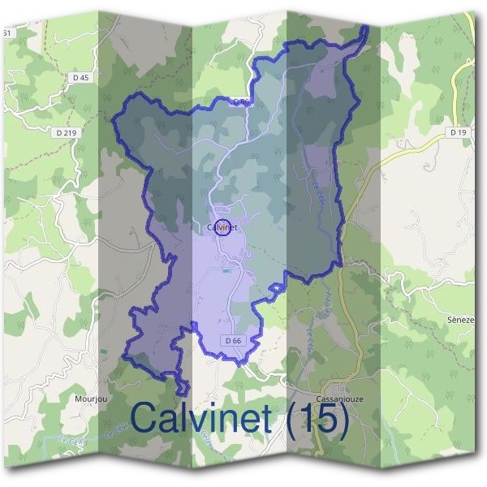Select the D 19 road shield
coord(458,131)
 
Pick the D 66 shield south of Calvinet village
coord(233,340)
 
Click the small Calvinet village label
coord(219,228)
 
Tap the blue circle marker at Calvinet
coord(226,228)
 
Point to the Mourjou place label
coord(90,399)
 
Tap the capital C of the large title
coord(146,419)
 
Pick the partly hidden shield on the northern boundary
coord(239,102)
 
